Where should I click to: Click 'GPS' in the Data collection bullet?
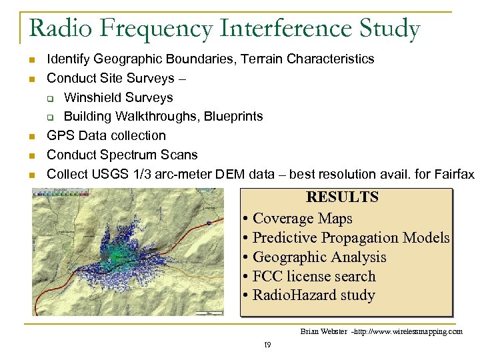click(59, 135)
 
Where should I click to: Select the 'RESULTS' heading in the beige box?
click(342, 197)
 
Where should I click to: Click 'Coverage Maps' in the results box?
click(303, 219)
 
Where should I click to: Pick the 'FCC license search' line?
click(314, 276)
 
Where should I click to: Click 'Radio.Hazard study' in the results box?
click(313, 295)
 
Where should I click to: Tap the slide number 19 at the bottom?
click(267, 345)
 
